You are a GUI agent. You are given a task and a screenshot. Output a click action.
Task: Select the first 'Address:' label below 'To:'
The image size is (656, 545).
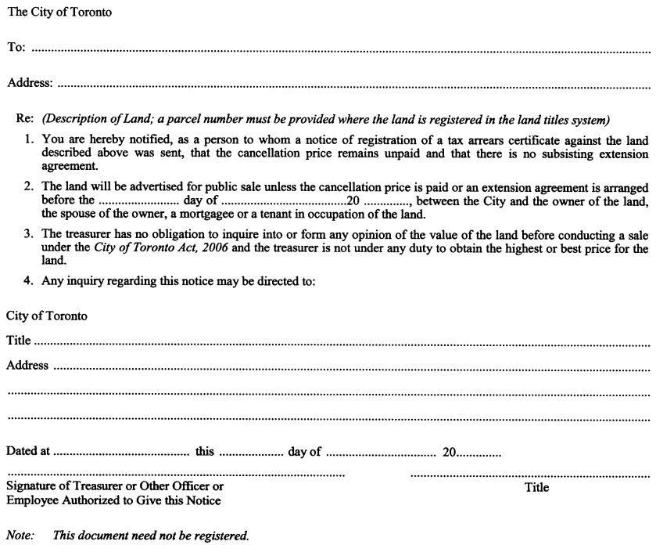point(30,82)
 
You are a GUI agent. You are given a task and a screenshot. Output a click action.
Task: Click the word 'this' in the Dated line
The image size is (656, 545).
point(205,452)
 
